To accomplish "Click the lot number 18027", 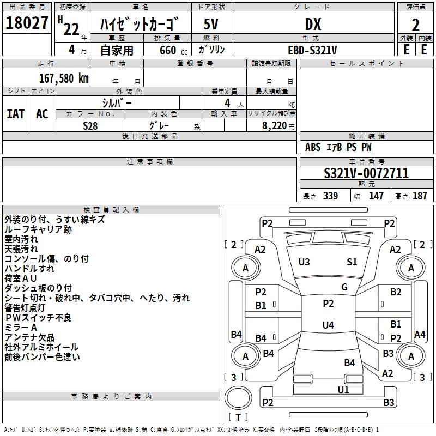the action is (27, 23).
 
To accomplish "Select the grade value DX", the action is (313, 24).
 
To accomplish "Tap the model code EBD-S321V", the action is (312, 50).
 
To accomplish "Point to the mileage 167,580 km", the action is (64, 78).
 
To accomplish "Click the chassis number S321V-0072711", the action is (366, 173).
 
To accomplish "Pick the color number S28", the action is (90, 126).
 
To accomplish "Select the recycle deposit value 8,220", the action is (274, 126).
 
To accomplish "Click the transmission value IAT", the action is (16, 114).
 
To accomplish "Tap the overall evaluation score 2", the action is (415, 25).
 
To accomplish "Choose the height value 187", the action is (420, 196).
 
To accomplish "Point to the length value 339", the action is (331, 196).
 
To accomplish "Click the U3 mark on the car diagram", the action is (304, 262).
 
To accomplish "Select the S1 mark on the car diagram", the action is (352, 262).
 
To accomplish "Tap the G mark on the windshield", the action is (344, 287).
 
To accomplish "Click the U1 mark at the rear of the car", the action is (343, 390).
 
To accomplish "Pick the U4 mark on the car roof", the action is (328, 325).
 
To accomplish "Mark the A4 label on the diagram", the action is (420, 334).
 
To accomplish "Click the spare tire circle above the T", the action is (238, 398).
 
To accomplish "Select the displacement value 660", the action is (168, 50).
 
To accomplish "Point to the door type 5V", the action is (211, 24).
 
